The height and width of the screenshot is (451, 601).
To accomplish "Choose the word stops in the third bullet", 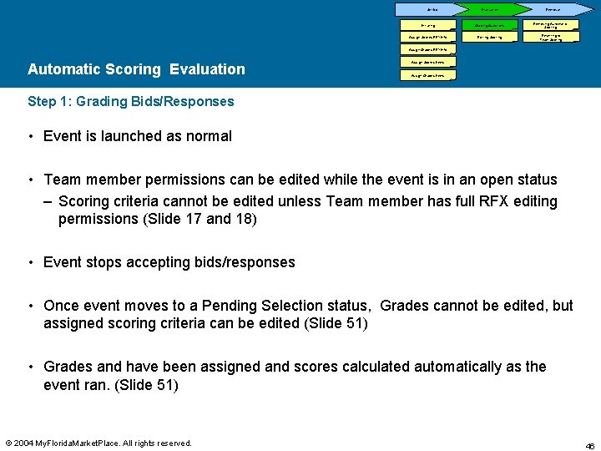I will pos(107,262).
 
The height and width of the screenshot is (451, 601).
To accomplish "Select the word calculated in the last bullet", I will pos(407,367).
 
